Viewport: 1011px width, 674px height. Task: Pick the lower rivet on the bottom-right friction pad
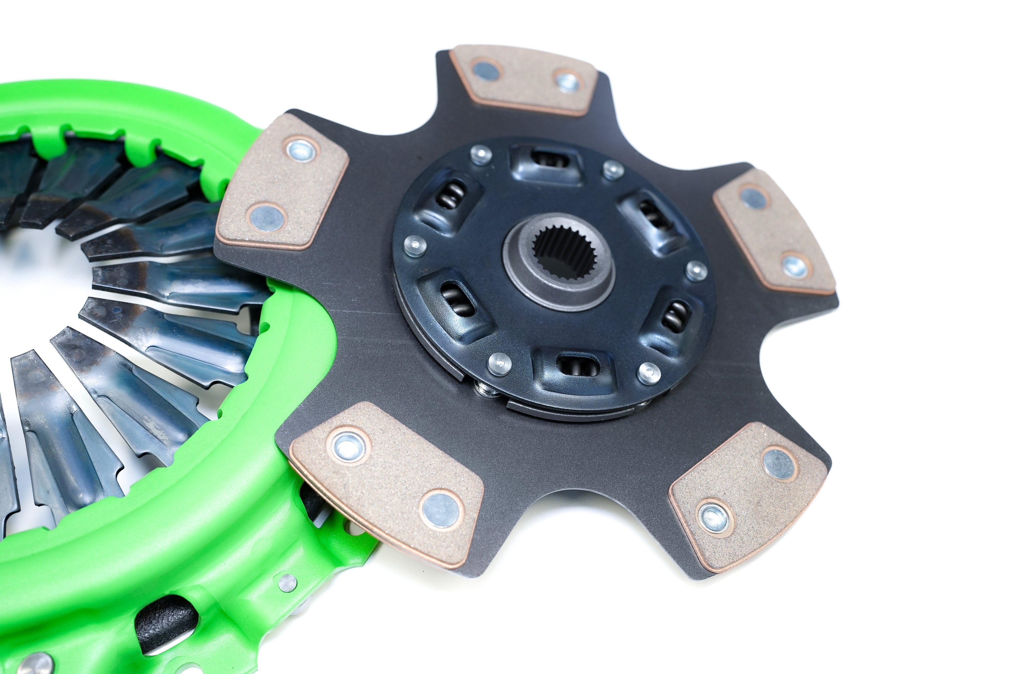pyautogui.click(x=714, y=518)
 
